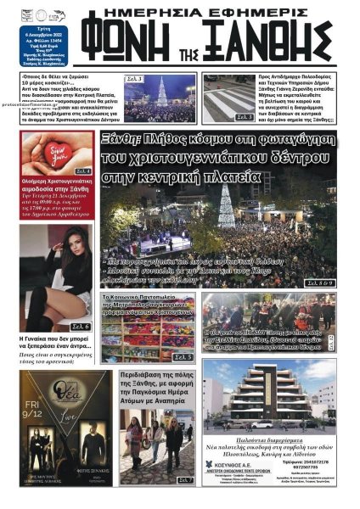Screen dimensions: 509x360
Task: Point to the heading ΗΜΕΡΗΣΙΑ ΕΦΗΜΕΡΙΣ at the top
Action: click(214, 10)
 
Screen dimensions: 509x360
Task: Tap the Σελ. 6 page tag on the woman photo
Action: click(80, 327)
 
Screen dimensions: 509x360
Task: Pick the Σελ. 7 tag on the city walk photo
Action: click(186, 481)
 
